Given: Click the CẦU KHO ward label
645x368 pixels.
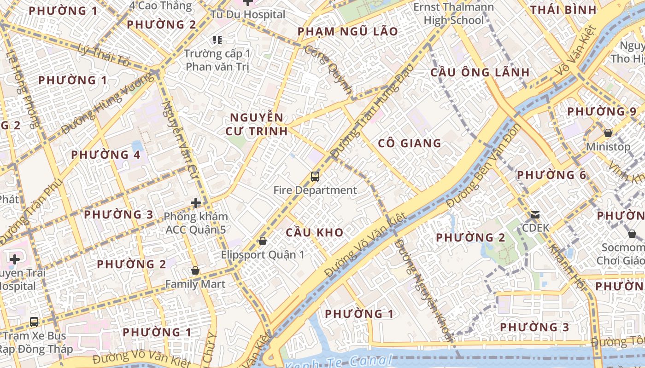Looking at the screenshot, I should (315, 232).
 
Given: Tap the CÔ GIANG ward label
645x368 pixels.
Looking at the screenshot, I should (410, 143).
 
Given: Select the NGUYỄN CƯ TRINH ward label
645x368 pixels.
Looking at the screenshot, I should (257, 124).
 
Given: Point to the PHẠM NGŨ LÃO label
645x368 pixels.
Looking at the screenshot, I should (348, 31).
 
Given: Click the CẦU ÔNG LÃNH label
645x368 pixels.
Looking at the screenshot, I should (480, 72).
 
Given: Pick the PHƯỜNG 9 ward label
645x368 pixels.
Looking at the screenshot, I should (602, 111).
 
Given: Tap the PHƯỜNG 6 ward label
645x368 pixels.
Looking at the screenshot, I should (551, 175).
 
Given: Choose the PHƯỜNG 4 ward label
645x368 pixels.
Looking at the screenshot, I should (106, 155).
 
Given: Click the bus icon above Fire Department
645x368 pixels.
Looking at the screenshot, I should (315, 176).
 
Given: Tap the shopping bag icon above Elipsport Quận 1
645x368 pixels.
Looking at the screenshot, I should (263, 241).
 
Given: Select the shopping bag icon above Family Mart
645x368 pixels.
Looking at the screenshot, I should (195, 271).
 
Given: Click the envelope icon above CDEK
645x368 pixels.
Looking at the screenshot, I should (535, 214).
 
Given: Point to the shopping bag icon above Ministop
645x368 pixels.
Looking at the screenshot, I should (608, 133).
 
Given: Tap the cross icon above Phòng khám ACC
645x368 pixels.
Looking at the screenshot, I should (196, 202).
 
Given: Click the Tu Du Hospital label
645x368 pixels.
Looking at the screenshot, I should (248, 14).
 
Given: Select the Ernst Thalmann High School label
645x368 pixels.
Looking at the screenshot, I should (454, 14).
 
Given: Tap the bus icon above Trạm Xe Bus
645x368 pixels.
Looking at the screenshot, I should (34, 322).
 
